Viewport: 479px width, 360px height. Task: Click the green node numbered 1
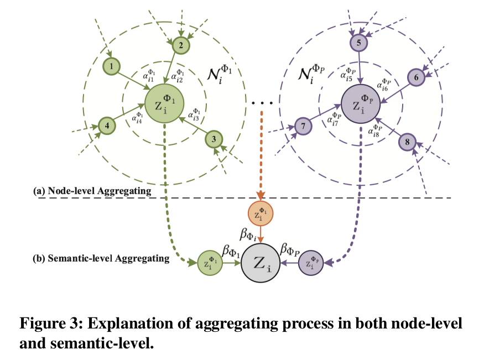click(x=112, y=67)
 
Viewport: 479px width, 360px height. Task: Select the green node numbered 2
click(x=180, y=44)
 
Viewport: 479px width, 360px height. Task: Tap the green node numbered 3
click(x=214, y=139)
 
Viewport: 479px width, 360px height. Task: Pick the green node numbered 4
click(x=107, y=126)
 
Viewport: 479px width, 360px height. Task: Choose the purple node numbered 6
click(x=416, y=78)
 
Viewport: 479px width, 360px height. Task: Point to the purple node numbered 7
click(x=304, y=126)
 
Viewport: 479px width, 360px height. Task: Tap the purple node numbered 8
click(x=407, y=142)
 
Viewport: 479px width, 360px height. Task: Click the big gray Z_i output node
click(x=261, y=264)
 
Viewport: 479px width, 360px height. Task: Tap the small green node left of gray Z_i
click(x=209, y=264)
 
